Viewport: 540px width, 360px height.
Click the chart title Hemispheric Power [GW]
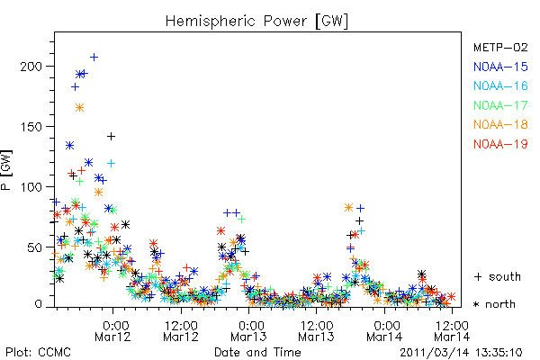pyautogui.click(x=256, y=22)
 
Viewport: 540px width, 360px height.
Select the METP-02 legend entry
pyautogui.click(x=500, y=47)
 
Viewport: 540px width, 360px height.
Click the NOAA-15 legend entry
pyautogui.click(x=500, y=67)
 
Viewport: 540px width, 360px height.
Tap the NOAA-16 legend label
pyautogui.click(x=500, y=85)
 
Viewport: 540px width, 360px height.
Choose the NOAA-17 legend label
pyautogui.click(x=500, y=105)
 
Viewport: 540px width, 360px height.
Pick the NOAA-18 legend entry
pyautogui.click(x=500, y=124)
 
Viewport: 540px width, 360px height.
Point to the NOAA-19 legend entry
pyautogui.click(x=500, y=144)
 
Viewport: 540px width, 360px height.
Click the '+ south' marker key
pyautogui.click(x=498, y=276)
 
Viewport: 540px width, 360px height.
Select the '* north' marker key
pyautogui.click(x=494, y=304)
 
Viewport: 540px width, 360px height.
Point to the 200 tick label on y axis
pyautogui.click(x=31, y=66)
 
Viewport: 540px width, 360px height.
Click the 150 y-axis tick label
pyautogui.click(x=31, y=126)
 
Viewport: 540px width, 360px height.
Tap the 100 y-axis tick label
pyautogui.click(x=31, y=186)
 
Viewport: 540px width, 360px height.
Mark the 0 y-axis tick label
pyautogui.click(x=38, y=304)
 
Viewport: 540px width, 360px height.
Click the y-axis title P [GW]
pyautogui.click(x=6, y=170)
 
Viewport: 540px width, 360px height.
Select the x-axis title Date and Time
pyautogui.click(x=257, y=352)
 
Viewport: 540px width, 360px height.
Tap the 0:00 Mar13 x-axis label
pyautogui.click(x=248, y=331)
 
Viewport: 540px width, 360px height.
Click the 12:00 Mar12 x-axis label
pyautogui.click(x=181, y=331)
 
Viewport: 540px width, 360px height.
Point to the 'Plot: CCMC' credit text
pyautogui.click(x=38, y=352)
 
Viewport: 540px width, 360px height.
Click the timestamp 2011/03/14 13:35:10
pyautogui.click(x=461, y=353)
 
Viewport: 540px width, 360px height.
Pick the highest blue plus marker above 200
pyautogui.click(x=94, y=58)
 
